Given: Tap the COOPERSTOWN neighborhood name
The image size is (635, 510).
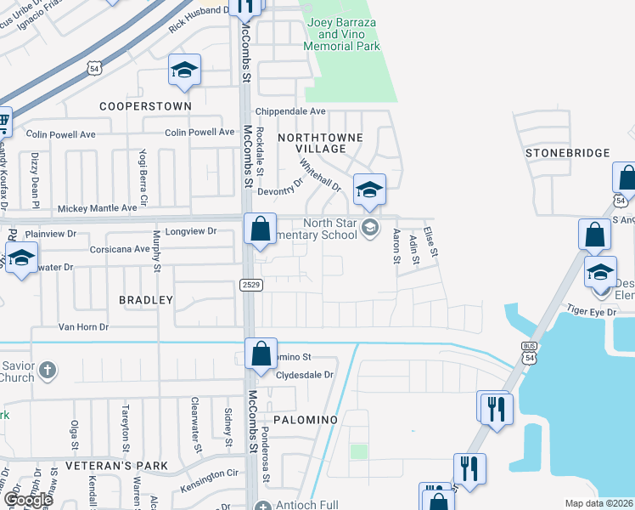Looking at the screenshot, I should pyautogui.click(x=145, y=106).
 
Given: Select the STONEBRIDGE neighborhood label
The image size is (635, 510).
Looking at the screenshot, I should pyautogui.click(x=568, y=153).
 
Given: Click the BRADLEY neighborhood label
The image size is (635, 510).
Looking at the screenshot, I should pyautogui.click(x=146, y=300).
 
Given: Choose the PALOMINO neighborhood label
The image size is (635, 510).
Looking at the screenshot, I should pyautogui.click(x=306, y=420).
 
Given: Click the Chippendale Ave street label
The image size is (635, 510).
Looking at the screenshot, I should pyautogui.click(x=291, y=111).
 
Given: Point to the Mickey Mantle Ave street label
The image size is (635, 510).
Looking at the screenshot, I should pyautogui.click(x=97, y=207).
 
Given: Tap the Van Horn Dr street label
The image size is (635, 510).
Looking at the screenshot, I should pyautogui.click(x=83, y=326).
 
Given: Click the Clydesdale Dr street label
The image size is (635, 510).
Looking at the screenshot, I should pyautogui.click(x=305, y=374).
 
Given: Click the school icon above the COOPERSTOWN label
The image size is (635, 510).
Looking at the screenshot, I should pyautogui.click(x=184, y=71).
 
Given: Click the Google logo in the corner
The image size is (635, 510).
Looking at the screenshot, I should pyautogui.click(x=28, y=500).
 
